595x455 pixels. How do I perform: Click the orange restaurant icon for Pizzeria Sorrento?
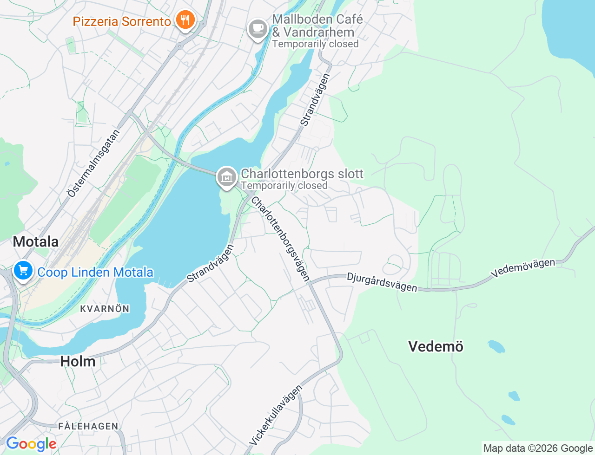(185, 20)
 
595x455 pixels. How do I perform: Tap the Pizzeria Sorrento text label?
(122, 21)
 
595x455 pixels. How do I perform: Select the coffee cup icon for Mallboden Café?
(258, 29)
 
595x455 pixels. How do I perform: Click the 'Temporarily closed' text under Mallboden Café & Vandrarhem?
(315, 44)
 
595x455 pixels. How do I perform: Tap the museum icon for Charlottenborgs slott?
(226, 177)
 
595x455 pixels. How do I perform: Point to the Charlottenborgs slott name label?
(302, 174)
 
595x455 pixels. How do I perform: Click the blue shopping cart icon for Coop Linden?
(23, 271)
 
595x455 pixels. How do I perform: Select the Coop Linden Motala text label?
(95, 272)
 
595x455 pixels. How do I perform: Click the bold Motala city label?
(36, 241)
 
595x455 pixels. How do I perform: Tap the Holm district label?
(78, 361)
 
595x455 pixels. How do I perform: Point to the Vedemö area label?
(436, 346)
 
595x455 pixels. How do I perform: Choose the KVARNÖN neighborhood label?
(105, 309)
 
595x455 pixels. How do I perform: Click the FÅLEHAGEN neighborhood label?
(88, 426)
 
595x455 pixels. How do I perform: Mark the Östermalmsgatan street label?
(93, 163)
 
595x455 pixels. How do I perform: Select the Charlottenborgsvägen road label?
(280, 239)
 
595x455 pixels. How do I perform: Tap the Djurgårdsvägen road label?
(382, 282)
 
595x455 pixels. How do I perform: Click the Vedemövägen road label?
(523, 268)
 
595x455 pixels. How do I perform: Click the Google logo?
(31, 444)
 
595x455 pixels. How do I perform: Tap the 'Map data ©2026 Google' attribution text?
(538, 448)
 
